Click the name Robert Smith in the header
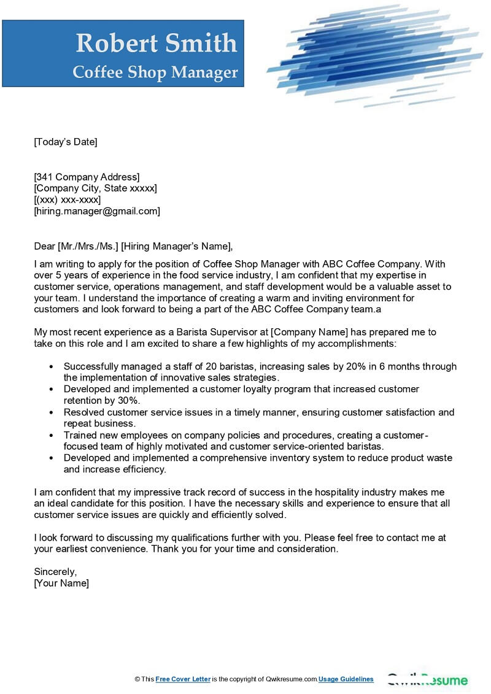(x=156, y=43)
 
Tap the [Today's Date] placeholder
(x=66, y=142)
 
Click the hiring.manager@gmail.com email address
(x=97, y=211)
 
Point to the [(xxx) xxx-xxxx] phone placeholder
(x=68, y=200)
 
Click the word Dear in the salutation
(x=44, y=247)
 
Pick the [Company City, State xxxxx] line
(x=95, y=188)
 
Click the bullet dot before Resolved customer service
(x=50, y=412)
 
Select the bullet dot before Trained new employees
(x=50, y=435)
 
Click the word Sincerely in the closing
(x=55, y=571)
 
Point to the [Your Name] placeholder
(x=61, y=583)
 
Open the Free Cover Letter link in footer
(x=183, y=679)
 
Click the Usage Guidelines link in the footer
(x=346, y=679)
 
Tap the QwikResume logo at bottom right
(x=428, y=680)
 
